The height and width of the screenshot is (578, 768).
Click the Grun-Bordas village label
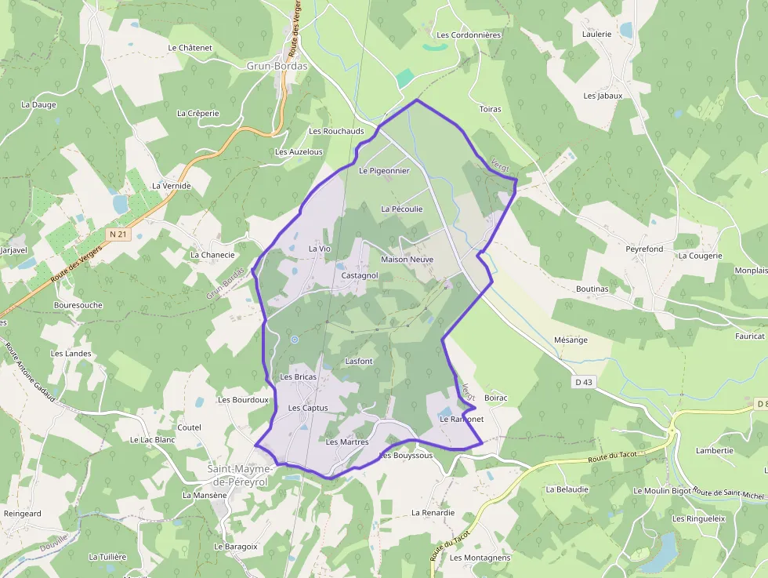pyautogui.click(x=277, y=66)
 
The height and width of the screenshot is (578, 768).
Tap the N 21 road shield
pyautogui.click(x=118, y=234)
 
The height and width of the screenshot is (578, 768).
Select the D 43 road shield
pyautogui.click(x=583, y=382)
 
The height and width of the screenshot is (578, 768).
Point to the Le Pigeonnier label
pyautogui.click(x=384, y=170)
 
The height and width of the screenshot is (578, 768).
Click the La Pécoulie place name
pyautogui.click(x=401, y=209)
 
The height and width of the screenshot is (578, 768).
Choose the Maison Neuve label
pyautogui.click(x=407, y=259)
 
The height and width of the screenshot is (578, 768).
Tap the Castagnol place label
pyautogui.click(x=360, y=276)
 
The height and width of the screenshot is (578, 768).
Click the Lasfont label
pyautogui.click(x=359, y=361)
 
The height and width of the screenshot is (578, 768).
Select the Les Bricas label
pyautogui.click(x=299, y=377)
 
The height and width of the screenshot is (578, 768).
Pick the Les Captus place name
pyautogui.click(x=307, y=408)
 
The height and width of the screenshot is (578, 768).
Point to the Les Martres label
pyautogui.click(x=346, y=442)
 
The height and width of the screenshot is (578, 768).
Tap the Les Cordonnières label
pyautogui.click(x=469, y=35)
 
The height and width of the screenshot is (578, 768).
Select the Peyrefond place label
pyautogui.click(x=644, y=249)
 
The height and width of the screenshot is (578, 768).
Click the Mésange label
pyautogui.click(x=571, y=340)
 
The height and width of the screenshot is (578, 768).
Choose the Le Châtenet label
pyautogui.click(x=190, y=48)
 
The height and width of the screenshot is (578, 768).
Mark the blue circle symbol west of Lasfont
pyautogui.click(x=295, y=340)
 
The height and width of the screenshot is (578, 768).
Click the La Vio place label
pyautogui.click(x=320, y=249)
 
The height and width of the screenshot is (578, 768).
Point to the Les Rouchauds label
pyautogui.click(x=336, y=131)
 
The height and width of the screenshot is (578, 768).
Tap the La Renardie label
pyautogui.click(x=433, y=513)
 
